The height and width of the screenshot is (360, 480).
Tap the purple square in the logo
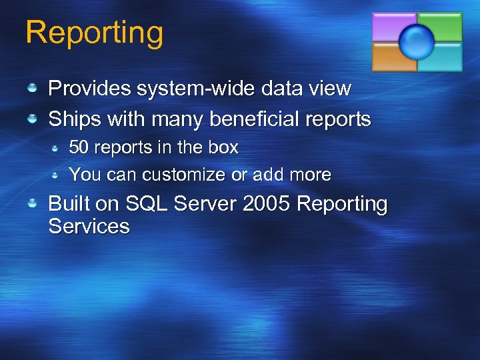391,27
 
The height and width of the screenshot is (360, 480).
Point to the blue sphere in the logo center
417,41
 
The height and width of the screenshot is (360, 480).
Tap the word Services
89,227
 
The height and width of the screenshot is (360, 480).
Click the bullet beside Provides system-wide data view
32,87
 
